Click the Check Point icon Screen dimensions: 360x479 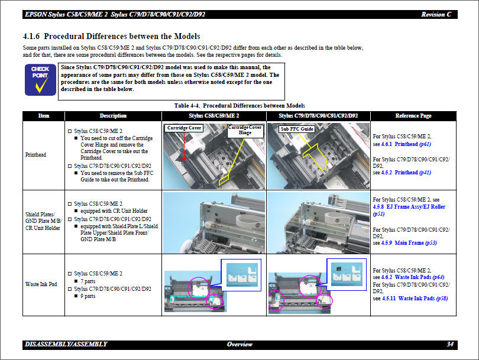(x=40, y=80)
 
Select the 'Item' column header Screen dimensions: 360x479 (x=43, y=116)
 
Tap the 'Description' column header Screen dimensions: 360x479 (x=113, y=116)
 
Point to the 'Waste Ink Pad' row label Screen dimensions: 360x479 (x=41, y=284)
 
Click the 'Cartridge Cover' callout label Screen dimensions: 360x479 (x=184, y=128)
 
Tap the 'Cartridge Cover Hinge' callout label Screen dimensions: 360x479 (x=245, y=130)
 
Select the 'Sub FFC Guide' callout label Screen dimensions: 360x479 (x=296, y=128)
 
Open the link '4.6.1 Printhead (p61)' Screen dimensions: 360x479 (x=406, y=144)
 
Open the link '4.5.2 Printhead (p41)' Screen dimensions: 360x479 (x=406, y=173)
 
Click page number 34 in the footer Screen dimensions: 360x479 (x=450, y=344)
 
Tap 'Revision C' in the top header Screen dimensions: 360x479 (x=436, y=14)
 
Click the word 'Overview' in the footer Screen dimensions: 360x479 (x=239, y=344)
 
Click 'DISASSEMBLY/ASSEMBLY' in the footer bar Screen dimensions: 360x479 (x=66, y=344)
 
